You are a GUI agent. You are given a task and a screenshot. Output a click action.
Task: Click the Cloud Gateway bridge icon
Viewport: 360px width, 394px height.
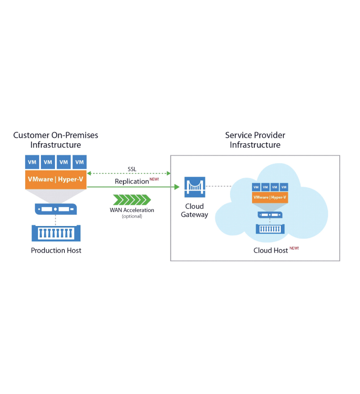point(195,187)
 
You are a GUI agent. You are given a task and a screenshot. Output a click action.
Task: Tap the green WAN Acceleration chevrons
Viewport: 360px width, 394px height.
point(132,199)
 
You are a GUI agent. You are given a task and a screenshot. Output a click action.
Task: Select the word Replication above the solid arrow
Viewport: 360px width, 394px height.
point(131,181)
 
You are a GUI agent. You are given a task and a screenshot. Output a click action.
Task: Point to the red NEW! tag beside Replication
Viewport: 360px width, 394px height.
point(154,179)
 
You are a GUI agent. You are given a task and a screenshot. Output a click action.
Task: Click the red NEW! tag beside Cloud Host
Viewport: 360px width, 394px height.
point(294,248)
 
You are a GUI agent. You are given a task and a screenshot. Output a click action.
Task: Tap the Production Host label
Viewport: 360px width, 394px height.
point(56,250)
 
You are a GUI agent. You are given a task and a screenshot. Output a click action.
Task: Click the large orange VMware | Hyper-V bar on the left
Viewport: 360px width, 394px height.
point(56,179)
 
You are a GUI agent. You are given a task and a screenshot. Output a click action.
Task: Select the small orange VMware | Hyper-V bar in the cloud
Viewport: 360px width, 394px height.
point(270,197)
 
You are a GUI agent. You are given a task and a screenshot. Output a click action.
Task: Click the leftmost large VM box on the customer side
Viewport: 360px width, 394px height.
point(32,162)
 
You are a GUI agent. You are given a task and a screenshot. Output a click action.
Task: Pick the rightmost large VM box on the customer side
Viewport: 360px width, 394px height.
point(80,162)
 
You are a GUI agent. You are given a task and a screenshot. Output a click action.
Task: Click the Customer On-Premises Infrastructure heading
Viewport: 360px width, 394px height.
point(56,140)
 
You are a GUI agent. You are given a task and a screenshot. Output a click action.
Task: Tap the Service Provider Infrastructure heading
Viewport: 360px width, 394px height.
point(255,140)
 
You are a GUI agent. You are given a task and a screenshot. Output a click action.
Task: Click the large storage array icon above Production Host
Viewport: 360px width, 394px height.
point(56,233)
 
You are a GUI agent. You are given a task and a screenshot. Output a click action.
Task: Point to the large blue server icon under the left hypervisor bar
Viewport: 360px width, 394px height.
point(56,209)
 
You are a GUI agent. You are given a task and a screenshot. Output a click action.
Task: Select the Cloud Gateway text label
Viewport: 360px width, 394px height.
point(194,210)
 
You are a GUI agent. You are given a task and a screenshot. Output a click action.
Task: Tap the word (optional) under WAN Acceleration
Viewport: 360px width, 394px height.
point(132,216)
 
